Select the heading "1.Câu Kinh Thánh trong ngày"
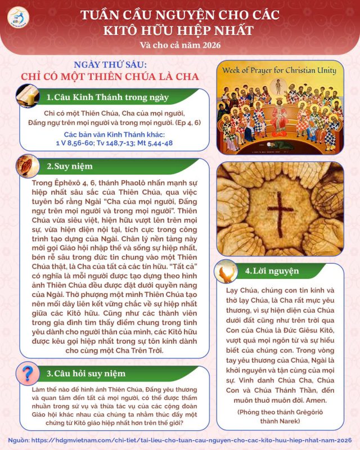coord(107,97)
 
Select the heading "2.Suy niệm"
coord(70,166)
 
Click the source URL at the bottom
coord(194,438)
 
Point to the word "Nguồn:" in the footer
coord(20,438)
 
